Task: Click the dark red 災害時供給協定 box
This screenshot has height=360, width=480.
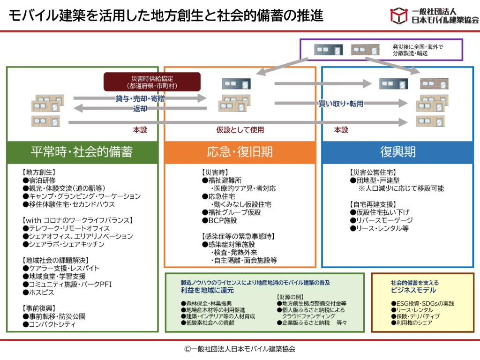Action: click(x=152, y=82)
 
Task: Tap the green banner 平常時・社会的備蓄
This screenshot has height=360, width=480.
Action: click(x=82, y=152)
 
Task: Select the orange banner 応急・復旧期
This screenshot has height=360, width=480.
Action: click(x=240, y=152)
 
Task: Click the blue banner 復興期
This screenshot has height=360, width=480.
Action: click(x=397, y=152)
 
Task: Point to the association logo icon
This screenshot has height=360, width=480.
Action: click(x=398, y=16)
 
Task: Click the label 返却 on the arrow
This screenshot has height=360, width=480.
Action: click(x=140, y=109)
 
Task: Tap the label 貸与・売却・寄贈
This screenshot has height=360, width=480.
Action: click(x=140, y=98)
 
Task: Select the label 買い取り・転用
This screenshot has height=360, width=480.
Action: click(x=341, y=104)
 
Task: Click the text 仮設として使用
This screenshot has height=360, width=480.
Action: click(x=240, y=130)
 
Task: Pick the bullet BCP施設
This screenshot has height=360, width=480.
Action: click(x=219, y=220)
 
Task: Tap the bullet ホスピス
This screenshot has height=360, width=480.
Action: click(x=38, y=292)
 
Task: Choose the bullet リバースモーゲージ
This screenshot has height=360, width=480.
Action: click(x=382, y=220)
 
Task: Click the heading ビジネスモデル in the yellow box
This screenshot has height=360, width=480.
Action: click(x=413, y=290)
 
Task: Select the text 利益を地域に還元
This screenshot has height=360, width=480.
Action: click(x=207, y=290)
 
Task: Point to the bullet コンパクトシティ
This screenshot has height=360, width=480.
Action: click(x=49, y=324)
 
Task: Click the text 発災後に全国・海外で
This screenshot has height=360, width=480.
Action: click(x=418, y=47)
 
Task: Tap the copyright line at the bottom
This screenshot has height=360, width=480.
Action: click(x=240, y=349)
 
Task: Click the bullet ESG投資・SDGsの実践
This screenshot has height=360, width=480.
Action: click(x=422, y=303)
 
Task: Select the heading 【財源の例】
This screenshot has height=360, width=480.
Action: click(x=290, y=297)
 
